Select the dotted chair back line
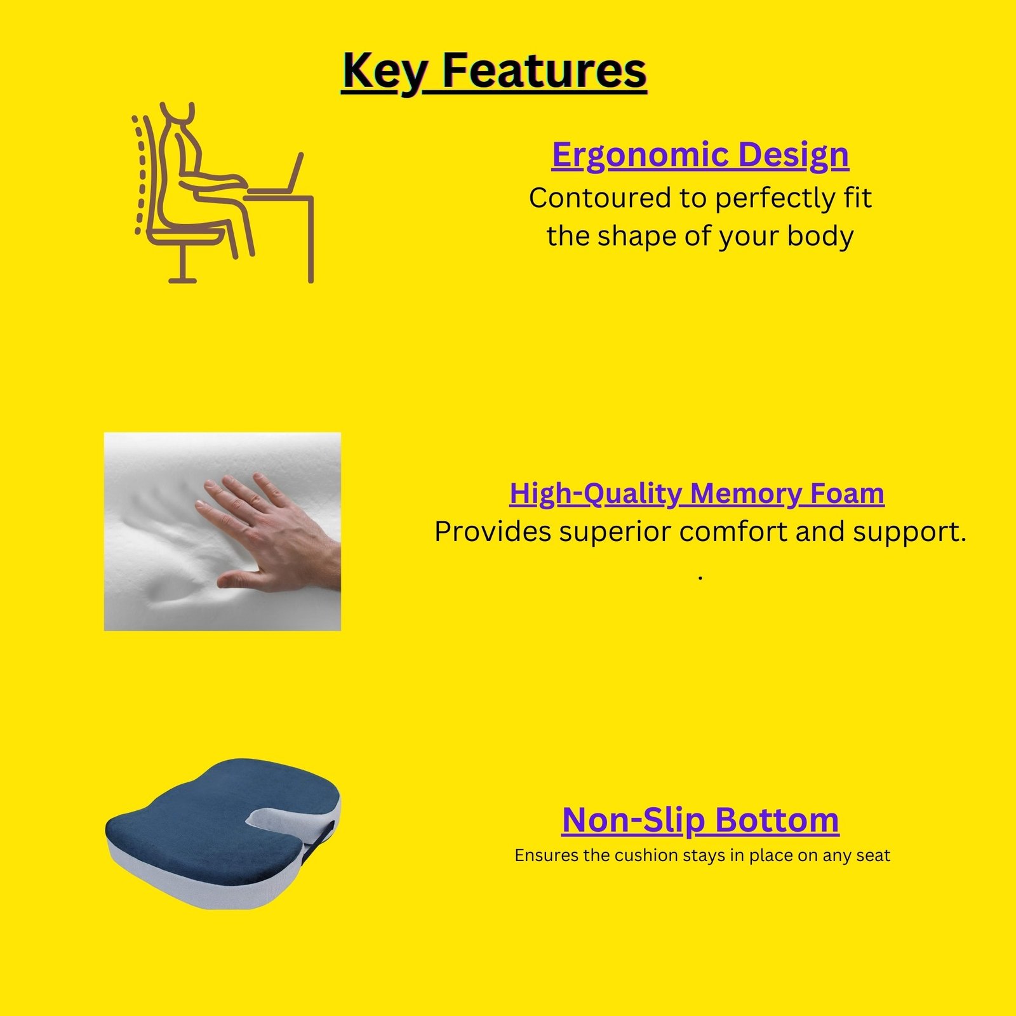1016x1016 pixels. click(139, 175)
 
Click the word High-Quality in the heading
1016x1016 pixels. click(596, 494)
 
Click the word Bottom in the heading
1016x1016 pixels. click(777, 820)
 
